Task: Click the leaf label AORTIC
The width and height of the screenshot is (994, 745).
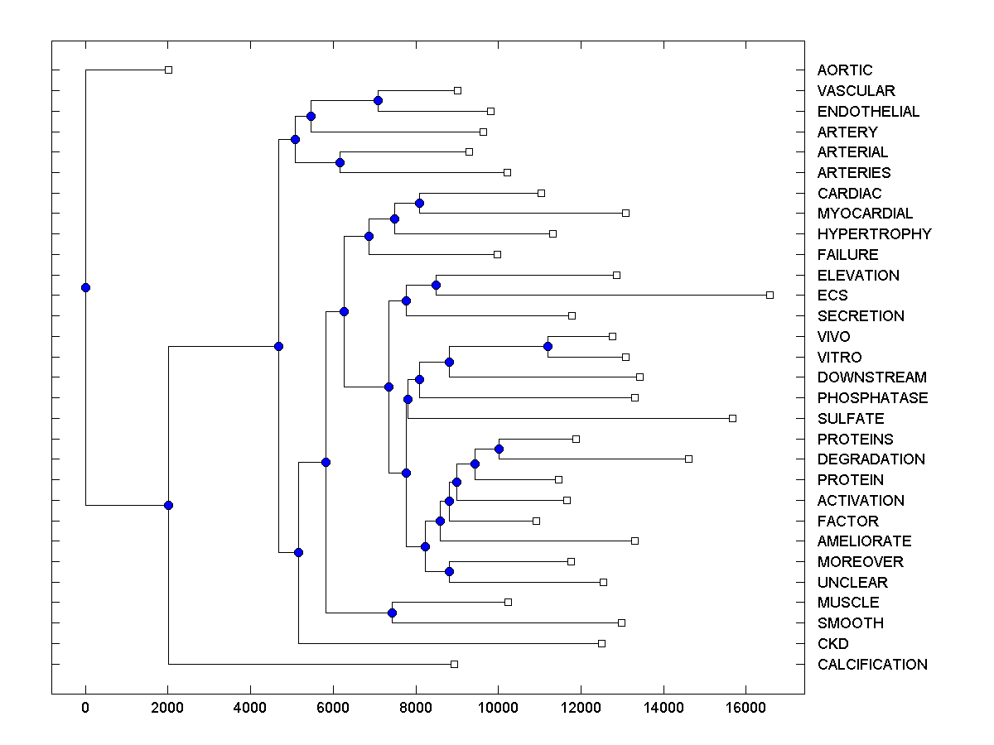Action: (x=844, y=70)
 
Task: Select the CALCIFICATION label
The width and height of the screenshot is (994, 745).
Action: (x=872, y=665)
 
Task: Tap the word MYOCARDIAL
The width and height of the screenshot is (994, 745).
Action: (x=865, y=214)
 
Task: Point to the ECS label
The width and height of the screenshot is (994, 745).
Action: (x=832, y=296)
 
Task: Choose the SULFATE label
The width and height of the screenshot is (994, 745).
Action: (x=851, y=419)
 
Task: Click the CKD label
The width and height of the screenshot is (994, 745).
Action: (x=832, y=644)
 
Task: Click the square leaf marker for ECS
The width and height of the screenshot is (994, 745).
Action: (x=770, y=295)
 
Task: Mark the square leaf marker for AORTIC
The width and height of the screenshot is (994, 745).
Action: (x=168, y=70)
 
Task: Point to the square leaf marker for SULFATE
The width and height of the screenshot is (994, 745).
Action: (x=732, y=418)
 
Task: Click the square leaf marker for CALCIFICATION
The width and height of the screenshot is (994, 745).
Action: (x=454, y=664)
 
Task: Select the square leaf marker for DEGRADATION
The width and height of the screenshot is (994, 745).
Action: (x=688, y=459)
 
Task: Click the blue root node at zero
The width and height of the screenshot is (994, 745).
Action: (x=85, y=287)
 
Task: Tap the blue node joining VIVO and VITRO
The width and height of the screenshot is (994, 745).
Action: (x=548, y=346)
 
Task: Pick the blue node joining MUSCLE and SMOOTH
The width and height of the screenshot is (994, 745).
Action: (x=392, y=613)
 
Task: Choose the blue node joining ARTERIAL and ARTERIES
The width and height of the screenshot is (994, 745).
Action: (x=340, y=162)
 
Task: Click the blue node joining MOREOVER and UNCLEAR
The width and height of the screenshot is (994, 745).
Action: (x=449, y=571)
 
